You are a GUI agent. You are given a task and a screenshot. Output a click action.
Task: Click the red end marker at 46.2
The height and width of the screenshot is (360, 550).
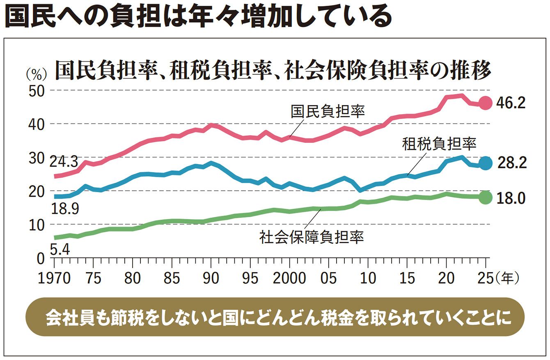click(486, 103)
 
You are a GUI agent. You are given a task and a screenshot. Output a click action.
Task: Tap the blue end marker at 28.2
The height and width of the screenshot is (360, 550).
click(486, 163)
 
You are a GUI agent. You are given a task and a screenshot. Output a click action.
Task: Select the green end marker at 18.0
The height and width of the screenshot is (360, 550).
click(486, 197)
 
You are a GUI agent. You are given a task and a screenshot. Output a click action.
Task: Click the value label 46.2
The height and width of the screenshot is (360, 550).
click(511, 103)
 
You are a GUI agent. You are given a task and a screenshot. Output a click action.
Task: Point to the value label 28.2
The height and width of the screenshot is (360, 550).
click(511, 163)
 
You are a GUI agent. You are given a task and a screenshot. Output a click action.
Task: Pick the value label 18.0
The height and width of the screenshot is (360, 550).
click(511, 198)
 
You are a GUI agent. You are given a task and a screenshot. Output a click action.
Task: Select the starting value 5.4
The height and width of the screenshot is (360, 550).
click(60, 249)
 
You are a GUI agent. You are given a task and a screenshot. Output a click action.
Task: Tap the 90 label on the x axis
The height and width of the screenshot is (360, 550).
click(211, 279)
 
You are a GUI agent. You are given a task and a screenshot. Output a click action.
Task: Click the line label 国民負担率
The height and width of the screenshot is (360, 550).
click(328, 111)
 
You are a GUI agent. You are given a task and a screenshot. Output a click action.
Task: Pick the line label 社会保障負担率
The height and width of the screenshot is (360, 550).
click(312, 237)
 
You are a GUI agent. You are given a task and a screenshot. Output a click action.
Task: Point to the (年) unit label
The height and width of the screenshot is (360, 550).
click(507, 279)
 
